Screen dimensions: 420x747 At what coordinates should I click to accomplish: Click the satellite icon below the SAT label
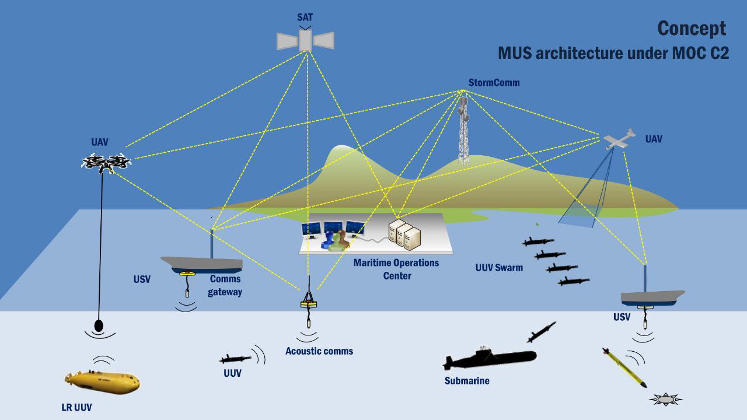coord(305,40)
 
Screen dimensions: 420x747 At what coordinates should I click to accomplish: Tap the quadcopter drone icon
coord(105,163)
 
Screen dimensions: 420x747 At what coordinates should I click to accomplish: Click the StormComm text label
coord(493,83)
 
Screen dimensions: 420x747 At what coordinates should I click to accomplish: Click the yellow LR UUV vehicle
coord(103,380)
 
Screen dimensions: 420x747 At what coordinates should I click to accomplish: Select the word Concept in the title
coord(692,28)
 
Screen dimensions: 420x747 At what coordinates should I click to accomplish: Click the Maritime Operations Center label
coord(396,269)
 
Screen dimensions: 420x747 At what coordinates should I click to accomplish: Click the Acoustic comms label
coord(319,351)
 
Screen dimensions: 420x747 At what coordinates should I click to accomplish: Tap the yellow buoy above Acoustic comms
coord(308,304)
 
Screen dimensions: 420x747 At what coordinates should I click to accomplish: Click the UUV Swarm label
coord(499,268)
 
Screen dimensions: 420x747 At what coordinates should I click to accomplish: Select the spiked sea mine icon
coord(666,400)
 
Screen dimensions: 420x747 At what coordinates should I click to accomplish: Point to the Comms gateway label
coord(225,285)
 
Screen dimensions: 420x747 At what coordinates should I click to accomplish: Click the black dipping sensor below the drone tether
coord(99,324)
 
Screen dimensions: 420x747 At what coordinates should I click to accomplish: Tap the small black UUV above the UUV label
coord(235,359)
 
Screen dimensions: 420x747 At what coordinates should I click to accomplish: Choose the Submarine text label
coord(467,381)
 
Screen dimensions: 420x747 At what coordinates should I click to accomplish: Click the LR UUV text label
coord(76,407)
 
